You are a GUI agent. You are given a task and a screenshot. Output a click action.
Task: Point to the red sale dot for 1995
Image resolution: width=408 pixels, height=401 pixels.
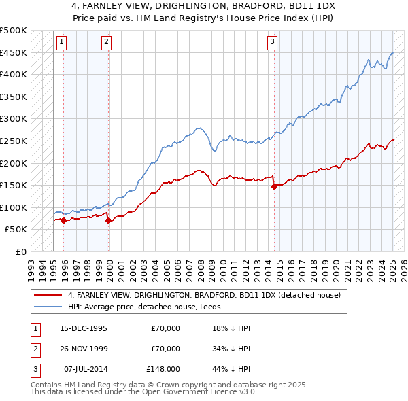pyautogui.click(x=63, y=220)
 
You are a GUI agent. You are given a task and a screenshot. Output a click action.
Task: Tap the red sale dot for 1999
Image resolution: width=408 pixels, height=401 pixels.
pyautogui.click(x=109, y=220)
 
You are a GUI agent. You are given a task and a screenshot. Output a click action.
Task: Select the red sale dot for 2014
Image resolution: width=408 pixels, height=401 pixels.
pyautogui.click(x=275, y=186)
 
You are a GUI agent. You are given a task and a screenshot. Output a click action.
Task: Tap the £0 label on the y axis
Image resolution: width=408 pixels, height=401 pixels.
pyautogui.click(x=20, y=251)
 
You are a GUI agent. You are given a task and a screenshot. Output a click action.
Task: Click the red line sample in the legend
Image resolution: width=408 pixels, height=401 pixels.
pyautogui.click(x=48, y=295)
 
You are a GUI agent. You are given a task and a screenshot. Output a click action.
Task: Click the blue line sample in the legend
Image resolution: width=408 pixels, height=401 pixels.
pyautogui.click(x=48, y=307)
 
